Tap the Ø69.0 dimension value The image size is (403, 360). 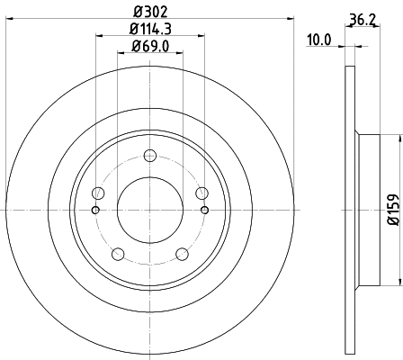150,49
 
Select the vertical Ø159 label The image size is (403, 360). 393,209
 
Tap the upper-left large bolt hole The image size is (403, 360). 99,193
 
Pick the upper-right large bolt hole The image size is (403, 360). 201,193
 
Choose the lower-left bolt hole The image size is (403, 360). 118,253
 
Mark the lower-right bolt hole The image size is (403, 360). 182,253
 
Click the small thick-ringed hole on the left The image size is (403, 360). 95,211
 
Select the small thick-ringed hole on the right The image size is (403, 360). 205,211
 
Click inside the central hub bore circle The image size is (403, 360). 150,210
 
